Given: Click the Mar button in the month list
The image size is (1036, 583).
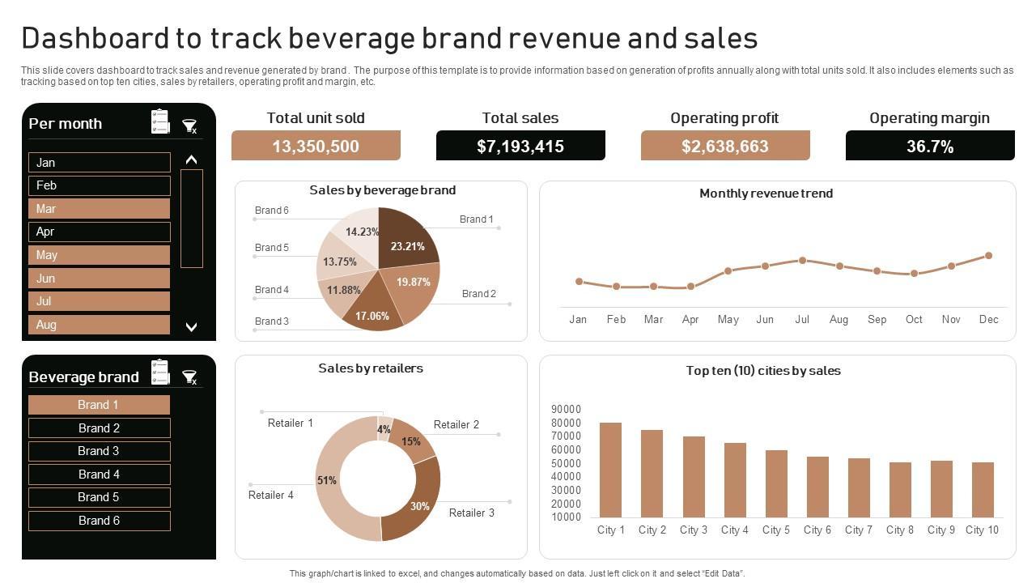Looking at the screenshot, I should click(x=99, y=209).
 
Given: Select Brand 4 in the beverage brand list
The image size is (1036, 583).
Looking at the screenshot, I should click(x=99, y=474).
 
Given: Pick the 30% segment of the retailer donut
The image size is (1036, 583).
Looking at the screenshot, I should click(x=416, y=502).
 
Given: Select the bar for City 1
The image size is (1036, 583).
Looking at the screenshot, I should click(x=610, y=470).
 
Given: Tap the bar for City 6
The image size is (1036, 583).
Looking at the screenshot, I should click(x=817, y=487).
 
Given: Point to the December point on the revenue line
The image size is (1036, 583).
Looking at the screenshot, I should click(x=988, y=256).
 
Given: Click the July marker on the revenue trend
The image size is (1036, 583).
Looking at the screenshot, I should click(x=802, y=261).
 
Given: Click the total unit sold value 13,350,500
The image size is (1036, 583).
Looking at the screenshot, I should click(x=316, y=147).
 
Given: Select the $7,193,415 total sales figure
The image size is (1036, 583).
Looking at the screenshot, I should click(x=520, y=147).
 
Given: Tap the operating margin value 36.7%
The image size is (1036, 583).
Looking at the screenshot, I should click(x=930, y=147).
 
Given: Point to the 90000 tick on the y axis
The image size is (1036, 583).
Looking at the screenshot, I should click(x=567, y=409).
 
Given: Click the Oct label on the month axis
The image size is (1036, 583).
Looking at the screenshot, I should click(x=914, y=319).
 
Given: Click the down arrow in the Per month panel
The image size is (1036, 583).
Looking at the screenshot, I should click(x=192, y=327).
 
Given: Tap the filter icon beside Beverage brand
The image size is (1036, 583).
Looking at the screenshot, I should click(x=189, y=377).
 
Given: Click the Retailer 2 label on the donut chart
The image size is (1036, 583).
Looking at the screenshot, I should click(x=456, y=424).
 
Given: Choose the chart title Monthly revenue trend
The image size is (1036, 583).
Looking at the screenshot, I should click(x=766, y=194).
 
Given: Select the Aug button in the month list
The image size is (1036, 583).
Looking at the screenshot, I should click(x=99, y=325).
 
